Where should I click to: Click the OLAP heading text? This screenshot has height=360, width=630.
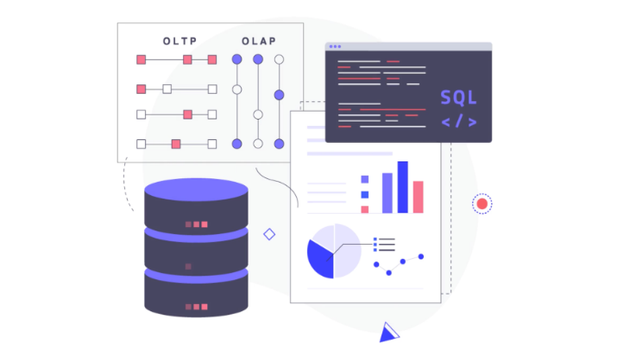(258, 41)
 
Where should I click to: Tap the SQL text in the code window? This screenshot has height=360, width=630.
(459, 98)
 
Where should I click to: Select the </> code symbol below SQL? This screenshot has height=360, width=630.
(459, 122)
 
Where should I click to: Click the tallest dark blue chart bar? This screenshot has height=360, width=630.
(403, 187)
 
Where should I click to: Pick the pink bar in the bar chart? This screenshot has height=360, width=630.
(418, 197)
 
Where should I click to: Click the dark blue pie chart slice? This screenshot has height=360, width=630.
(320, 258)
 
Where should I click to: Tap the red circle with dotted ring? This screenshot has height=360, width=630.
(482, 204)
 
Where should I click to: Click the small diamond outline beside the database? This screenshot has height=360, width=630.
(269, 234)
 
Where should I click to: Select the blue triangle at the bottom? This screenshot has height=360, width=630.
(389, 333)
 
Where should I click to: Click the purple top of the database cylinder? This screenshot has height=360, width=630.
(196, 189)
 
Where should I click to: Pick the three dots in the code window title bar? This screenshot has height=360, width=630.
(335, 47)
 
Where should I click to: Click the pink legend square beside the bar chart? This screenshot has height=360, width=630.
(364, 209)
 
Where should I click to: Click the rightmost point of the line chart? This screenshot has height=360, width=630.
(421, 257)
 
